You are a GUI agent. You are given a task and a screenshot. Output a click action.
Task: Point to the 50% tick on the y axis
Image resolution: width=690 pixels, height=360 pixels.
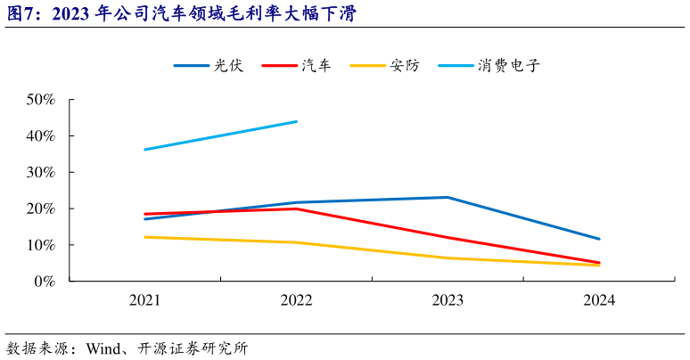(43, 100)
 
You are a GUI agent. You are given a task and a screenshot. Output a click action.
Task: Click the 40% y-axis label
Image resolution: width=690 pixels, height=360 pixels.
(43, 136)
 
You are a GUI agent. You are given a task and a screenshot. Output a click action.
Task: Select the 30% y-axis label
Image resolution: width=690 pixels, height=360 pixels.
(43, 172)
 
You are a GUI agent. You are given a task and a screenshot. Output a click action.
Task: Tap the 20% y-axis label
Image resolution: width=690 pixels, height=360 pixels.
(43, 209)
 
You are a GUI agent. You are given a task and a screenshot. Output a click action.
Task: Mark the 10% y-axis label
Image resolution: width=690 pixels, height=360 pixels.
(43, 245)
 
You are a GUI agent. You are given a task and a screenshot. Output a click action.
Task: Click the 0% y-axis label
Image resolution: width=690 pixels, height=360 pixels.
(46, 282)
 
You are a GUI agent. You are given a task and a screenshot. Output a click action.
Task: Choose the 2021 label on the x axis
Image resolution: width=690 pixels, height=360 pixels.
(144, 300)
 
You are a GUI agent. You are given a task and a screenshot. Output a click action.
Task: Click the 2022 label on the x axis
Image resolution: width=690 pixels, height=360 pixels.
(296, 300)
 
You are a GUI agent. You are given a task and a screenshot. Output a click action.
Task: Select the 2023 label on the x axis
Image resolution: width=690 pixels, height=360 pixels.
(448, 300)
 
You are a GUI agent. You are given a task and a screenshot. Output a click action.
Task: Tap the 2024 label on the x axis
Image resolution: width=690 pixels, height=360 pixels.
(599, 300)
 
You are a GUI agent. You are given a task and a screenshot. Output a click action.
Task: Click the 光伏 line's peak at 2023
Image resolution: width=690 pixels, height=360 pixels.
(448, 197)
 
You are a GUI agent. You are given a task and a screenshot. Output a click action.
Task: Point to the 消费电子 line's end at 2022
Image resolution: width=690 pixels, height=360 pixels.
(296, 121)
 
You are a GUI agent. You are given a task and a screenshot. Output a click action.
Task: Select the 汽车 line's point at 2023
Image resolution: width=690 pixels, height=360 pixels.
(448, 238)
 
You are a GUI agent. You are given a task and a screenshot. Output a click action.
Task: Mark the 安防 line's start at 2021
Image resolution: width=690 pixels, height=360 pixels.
(144, 237)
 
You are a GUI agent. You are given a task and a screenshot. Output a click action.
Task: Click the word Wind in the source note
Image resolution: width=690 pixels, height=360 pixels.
(103, 348)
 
